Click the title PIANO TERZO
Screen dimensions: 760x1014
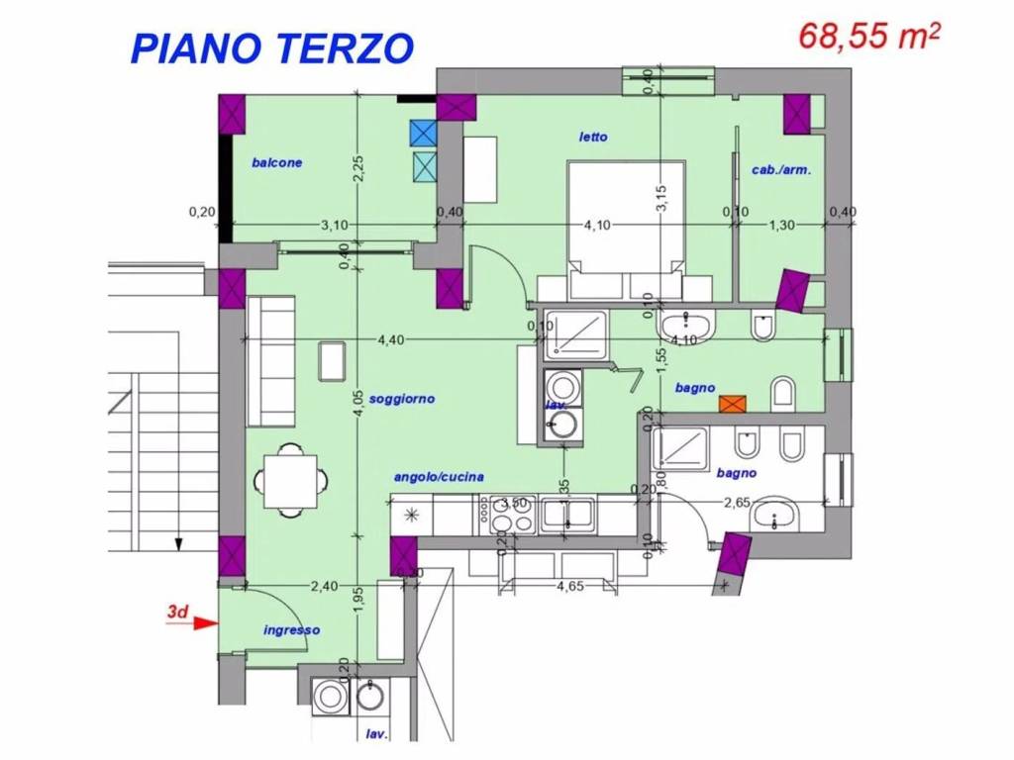271,47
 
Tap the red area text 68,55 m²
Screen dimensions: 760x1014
869,37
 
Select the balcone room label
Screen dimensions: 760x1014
276,162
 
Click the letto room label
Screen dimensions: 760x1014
593,137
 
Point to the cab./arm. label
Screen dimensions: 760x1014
781,170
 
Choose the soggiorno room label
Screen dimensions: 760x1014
402,399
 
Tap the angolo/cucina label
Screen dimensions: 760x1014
439,477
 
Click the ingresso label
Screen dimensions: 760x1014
291,629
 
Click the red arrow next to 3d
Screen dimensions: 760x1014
205,623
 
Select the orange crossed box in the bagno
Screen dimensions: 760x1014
733,403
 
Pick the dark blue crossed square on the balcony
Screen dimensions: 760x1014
423,133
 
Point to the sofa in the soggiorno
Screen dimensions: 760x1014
271,361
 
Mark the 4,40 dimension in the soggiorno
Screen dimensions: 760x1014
390,340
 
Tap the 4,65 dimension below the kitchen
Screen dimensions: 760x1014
568,587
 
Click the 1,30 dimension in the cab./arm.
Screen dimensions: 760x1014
781,225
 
